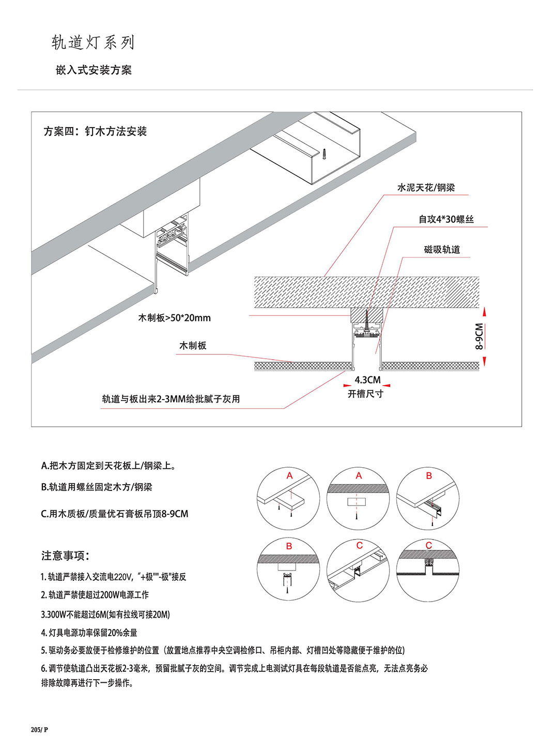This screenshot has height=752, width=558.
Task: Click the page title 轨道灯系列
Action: pos(93,42)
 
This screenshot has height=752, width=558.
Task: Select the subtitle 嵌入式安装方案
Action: pos(94,70)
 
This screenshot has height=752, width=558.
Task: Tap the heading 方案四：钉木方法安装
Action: pos(95,131)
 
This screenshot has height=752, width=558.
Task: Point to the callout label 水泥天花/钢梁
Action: pos(426,188)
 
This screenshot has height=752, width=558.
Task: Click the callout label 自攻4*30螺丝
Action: pos(446,219)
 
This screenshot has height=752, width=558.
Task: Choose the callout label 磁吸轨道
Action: pos(442,250)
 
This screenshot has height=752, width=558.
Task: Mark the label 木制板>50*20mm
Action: pos(174,318)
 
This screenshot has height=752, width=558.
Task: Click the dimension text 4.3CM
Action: pos(367,380)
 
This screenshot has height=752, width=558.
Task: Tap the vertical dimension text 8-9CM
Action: pos(479,336)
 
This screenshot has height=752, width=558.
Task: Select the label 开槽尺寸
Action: pos(365,394)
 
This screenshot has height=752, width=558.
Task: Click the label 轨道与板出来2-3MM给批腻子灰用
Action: pos(171,399)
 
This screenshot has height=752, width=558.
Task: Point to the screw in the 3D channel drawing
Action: pos(324,154)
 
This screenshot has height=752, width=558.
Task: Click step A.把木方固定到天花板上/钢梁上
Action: pos(109,466)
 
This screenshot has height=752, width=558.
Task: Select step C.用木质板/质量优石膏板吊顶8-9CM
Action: pos(115,514)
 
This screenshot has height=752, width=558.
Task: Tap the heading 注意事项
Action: pos(66,556)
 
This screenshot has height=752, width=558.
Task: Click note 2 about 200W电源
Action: pos(95,595)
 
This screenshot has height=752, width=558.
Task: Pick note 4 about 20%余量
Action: pos(89,633)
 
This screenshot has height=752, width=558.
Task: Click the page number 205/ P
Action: pos(39,730)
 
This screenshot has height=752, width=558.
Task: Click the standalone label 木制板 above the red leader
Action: pos(193,345)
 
